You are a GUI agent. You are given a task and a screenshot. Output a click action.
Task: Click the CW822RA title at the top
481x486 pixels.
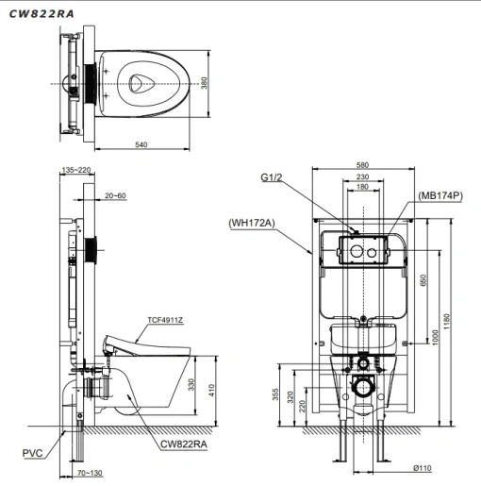point(41,14)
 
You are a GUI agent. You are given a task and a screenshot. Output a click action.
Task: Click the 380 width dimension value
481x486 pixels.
point(204,83)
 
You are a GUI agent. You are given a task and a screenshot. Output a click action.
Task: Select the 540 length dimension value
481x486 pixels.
point(141,144)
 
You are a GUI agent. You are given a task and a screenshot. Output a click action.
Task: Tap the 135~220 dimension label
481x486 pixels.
point(76,170)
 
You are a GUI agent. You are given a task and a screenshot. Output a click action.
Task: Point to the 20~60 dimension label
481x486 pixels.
point(115,195)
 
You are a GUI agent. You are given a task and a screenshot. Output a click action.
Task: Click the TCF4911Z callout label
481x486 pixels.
point(165,320)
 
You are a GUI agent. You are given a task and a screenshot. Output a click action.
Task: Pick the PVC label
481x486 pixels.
point(32,453)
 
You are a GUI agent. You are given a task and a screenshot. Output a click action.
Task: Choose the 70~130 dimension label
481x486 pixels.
point(90,473)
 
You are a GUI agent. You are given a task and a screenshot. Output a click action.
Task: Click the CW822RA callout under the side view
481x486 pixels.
point(184,444)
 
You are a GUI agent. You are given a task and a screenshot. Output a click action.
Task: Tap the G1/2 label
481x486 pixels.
point(272,177)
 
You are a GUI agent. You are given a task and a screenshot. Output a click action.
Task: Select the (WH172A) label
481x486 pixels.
point(252,223)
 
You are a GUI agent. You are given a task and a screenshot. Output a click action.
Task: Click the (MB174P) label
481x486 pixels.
point(440,195)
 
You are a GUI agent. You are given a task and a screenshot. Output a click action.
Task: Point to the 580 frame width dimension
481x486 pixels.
point(362,165)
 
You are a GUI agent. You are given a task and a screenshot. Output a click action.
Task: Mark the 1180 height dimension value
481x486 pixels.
point(446,322)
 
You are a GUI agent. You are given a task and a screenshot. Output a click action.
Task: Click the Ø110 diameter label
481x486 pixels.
point(423,468)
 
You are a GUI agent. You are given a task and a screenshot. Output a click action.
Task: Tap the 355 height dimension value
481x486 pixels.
point(275,394)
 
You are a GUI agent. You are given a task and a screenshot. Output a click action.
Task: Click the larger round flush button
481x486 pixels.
point(357,251)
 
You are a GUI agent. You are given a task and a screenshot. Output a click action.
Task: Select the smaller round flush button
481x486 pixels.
point(372,253)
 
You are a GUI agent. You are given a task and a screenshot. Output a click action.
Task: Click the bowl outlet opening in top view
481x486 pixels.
point(141,84)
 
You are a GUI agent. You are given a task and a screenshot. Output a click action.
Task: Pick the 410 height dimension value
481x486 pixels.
point(211,391)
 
